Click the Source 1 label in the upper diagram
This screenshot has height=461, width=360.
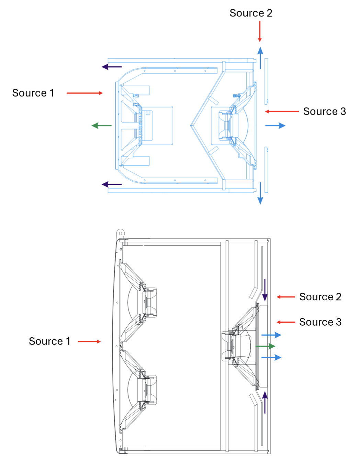click(33, 93)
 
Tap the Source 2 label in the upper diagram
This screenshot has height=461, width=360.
click(251, 13)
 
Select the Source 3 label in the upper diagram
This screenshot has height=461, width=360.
click(324, 111)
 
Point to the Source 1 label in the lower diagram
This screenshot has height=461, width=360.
click(49, 341)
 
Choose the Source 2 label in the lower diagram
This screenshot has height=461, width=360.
click(320, 297)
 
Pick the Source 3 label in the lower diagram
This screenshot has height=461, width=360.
click(320, 322)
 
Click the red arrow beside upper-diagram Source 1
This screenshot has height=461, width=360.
click(85, 93)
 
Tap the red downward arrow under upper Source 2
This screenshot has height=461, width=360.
click(260, 32)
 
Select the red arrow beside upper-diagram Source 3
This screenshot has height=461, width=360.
click(282, 111)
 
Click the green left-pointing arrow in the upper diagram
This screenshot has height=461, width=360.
click(102, 126)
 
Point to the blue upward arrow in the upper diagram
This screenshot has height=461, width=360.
click(260, 58)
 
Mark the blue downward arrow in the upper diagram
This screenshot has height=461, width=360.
click(260, 193)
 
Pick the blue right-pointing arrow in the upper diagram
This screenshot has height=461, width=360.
click(275, 126)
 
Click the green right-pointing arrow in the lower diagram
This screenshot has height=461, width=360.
click(265, 346)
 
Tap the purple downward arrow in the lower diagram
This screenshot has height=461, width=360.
click(265, 290)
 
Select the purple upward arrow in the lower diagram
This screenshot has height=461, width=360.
click(265, 402)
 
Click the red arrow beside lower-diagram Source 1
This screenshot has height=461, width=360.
click(89, 341)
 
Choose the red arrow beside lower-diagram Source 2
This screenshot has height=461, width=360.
click(286, 297)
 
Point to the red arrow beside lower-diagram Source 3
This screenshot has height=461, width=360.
click(286, 322)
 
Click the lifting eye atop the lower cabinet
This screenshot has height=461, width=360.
click(120, 234)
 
